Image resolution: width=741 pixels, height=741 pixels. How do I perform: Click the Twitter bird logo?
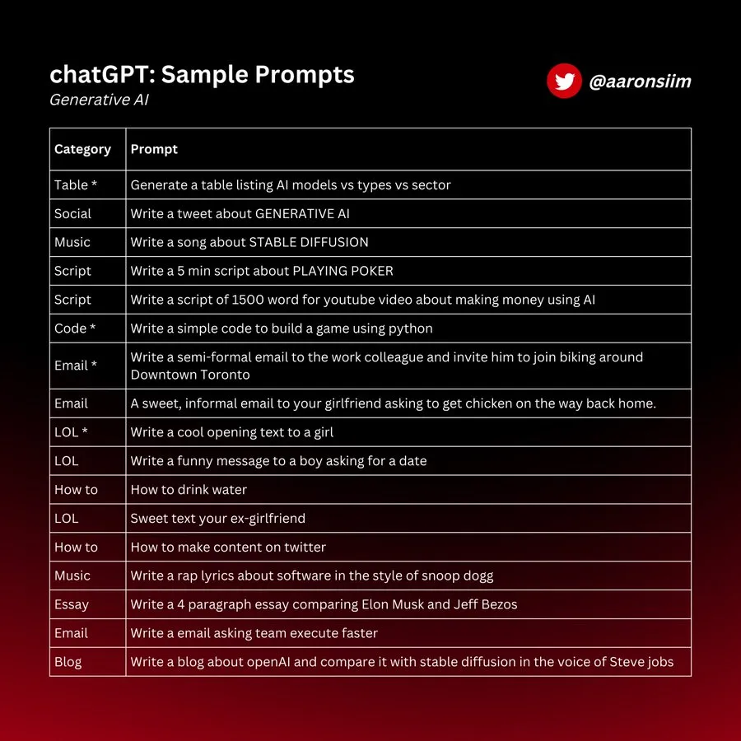click(x=564, y=82)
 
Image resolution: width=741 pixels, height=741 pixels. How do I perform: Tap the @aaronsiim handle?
click(x=640, y=82)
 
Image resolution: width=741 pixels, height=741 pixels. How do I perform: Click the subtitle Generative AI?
click(x=99, y=100)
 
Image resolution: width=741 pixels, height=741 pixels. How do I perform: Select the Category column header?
click(x=82, y=149)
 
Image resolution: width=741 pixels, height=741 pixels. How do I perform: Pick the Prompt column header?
click(x=154, y=149)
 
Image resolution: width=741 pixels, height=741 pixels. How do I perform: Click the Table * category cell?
click(x=76, y=185)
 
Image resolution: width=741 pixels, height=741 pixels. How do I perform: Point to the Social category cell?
click(x=72, y=214)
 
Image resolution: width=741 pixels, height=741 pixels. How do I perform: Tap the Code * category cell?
click(x=75, y=329)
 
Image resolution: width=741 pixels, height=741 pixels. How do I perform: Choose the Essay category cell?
click(x=71, y=604)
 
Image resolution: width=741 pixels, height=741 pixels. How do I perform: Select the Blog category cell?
click(x=68, y=662)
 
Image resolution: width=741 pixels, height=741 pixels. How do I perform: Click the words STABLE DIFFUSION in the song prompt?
click(x=309, y=243)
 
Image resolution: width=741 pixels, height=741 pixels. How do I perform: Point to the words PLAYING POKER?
click(x=343, y=271)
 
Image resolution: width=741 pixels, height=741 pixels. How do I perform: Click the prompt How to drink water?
click(x=189, y=490)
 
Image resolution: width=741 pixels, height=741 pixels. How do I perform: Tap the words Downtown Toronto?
click(x=190, y=375)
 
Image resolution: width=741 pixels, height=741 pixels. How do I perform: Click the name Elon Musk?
click(x=394, y=604)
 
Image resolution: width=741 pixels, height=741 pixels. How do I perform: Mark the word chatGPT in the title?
click(x=100, y=75)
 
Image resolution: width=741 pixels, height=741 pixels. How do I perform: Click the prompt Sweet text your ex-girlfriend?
click(x=217, y=519)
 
